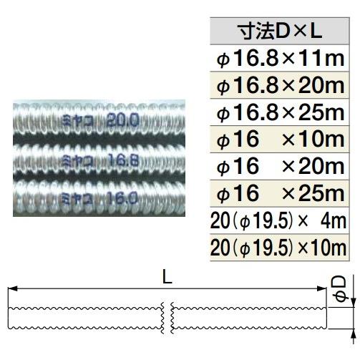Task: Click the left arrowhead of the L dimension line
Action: pos(11,289)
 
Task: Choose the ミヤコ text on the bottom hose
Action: pos(74,195)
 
